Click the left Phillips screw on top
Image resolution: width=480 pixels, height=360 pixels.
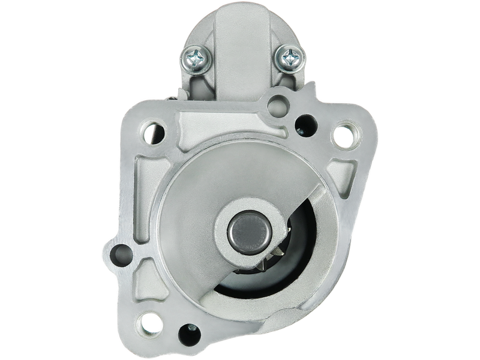pos(196,58)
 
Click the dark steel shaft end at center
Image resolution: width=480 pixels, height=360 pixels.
pos(245,229)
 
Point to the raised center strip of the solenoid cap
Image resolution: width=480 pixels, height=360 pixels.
pos(239,48)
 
